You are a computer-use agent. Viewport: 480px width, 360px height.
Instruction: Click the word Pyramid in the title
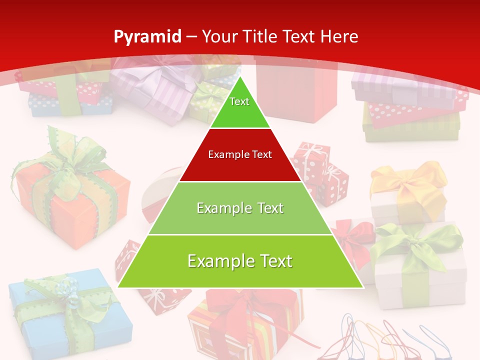[x=147, y=37]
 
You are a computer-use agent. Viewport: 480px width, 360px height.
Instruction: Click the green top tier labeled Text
[x=239, y=107]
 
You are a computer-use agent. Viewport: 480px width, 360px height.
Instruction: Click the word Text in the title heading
[x=300, y=37]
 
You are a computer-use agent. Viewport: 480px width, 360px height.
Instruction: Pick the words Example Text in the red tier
[x=240, y=155]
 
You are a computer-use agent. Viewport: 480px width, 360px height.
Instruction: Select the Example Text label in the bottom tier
[x=240, y=261]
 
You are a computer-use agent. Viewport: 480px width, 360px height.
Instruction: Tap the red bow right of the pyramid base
[x=352, y=235]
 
